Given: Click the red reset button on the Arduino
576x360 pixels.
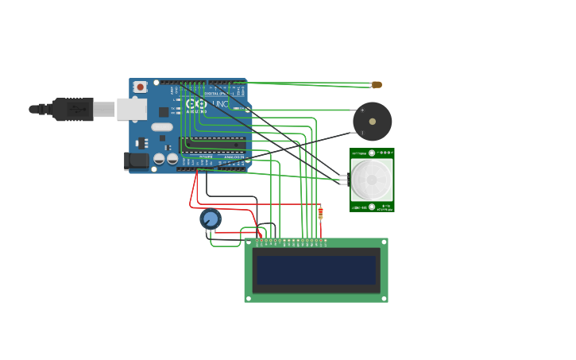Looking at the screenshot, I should click(x=140, y=87).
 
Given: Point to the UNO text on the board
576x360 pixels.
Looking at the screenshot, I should click(x=219, y=104).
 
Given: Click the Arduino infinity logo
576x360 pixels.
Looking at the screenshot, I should click(x=194, y=104).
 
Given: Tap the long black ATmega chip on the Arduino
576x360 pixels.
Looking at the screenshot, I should click(x=213, y=144).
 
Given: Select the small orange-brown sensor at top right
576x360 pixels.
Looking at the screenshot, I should click(x=377, y=84).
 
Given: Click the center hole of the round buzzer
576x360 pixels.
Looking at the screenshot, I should click(x=372, y=122).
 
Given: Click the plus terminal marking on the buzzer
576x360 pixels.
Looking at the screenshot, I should click(x=362, y=110).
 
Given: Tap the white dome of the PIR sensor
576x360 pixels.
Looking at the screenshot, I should click(x=371, y=180).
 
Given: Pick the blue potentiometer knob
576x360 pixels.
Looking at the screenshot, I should click(x=211, y=219).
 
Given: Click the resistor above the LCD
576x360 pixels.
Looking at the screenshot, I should click(x=320, y=212).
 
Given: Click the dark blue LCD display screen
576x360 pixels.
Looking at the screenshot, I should click(x=315, y=270).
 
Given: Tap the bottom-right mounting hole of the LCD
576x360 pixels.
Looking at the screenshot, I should click(x=384, y=298).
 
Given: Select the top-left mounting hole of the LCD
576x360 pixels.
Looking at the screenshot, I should click(x=249, y=242).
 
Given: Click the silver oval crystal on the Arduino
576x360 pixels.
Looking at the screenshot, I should click(x=162, y=127).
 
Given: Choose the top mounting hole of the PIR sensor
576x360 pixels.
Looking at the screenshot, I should click(x=371, y=153).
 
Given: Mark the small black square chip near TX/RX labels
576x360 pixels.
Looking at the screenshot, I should click(x=164, y=112).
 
